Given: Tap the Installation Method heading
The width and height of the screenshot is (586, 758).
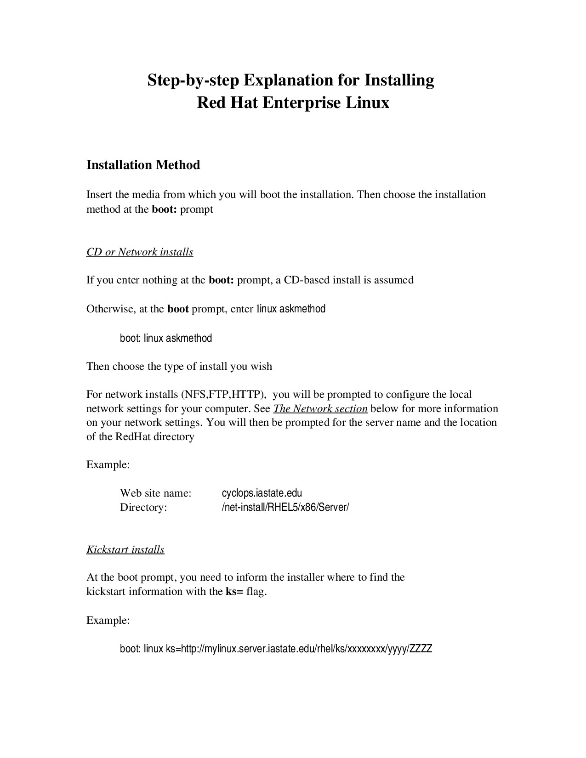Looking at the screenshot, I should pyautogui.click(x=143, y=165).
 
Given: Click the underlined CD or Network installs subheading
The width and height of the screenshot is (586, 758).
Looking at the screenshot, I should pyautogui.click(x=140, y=252).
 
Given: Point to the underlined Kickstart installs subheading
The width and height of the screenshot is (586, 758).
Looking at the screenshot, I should pyautogui.click(x=125, y=550).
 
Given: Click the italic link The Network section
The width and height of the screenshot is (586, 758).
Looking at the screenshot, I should pyautogui.click(x=320, y=409).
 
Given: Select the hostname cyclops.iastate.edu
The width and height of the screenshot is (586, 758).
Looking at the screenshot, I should pyautogui.click(x=262, y=493).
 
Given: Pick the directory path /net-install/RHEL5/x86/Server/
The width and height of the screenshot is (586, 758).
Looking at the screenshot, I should pyautogui.click(x=285, y=508).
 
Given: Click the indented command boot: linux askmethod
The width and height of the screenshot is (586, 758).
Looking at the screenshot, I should pyautogui.click(x=165, y=339).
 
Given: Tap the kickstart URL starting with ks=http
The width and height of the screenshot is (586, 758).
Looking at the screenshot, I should pyautogui.click(x=299, y=649).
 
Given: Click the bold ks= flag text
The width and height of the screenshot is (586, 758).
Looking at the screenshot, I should pyautogui.click(x=234, y=592).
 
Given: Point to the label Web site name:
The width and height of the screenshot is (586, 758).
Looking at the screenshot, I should pyautogui.click(x=155, y=493).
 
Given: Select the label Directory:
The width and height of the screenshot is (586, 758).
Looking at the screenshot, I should pyautogui.click(x=143, y=508).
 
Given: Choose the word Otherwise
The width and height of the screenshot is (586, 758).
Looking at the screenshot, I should pyautogui.click(x=110, y=309).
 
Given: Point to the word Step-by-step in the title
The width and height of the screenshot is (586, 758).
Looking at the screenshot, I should pyautogui.click(x=193, y=81).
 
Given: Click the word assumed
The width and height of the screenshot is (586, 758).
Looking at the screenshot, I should pyautogui.click(x=394, y=280).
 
